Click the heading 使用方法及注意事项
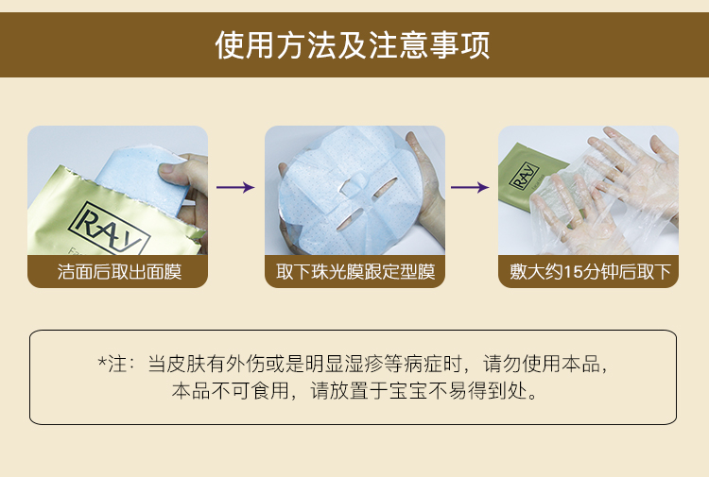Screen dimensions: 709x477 point(353,44)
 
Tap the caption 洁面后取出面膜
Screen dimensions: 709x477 point(119,272)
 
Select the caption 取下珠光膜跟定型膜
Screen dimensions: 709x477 point(355,272)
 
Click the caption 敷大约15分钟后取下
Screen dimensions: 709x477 point(590,272)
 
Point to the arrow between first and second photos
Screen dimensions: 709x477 point(235,187)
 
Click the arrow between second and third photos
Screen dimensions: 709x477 point(470,187)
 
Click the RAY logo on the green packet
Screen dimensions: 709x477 point(524,176)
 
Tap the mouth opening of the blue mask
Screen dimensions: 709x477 point(349,219)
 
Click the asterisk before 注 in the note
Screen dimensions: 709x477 point(103,362)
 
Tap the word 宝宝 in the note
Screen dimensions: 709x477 point(408,391)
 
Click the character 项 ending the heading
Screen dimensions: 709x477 point(476,44)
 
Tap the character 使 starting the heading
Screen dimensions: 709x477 point(230,44)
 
